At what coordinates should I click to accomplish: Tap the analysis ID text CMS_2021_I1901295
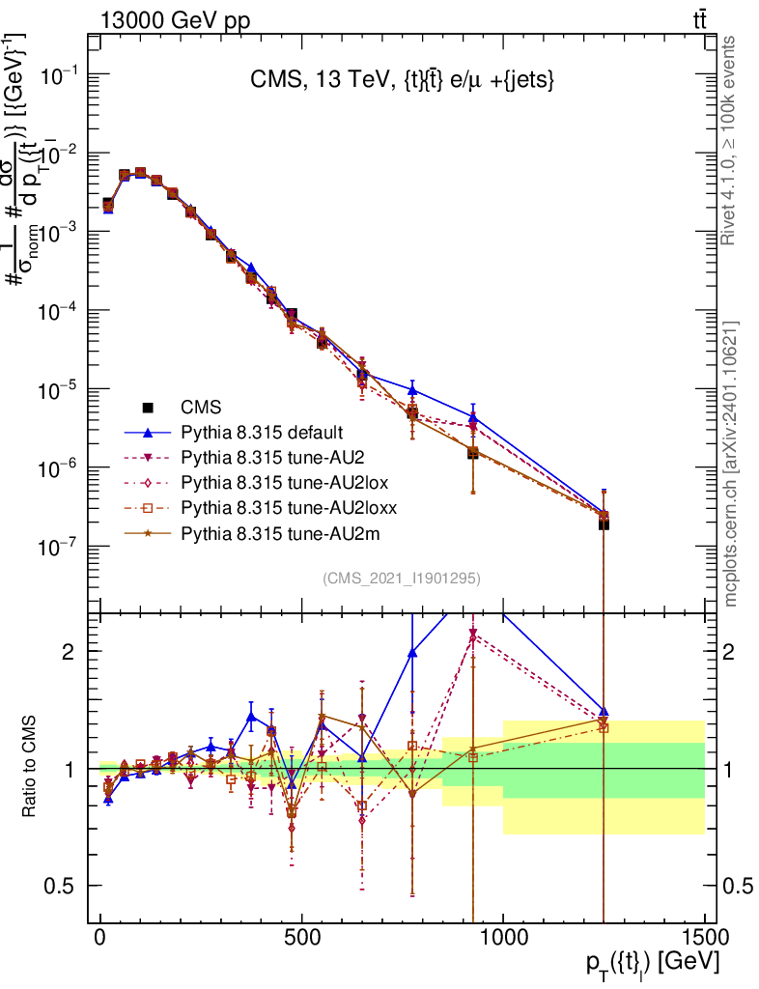pos(402,579)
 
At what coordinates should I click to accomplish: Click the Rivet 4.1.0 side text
pos(730,140)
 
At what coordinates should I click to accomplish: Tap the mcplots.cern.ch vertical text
pos(730,464)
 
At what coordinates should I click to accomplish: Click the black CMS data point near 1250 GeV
pos(604,523)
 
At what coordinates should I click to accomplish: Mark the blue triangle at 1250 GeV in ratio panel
pos(604,712)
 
